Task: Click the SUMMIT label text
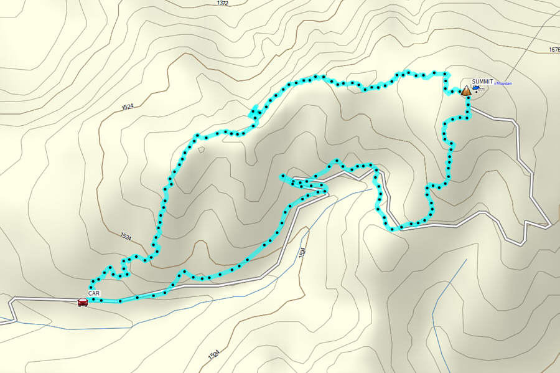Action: pos(482,82)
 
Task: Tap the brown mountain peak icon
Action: pos(466,90)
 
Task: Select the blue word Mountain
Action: pos(503,83)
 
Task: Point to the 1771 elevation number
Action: pos(481,90)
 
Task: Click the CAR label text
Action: pos(94,293)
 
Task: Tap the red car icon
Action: pos(82,302)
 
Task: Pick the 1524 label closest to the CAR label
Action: pos(126,237)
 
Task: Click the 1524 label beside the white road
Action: pos(302,252)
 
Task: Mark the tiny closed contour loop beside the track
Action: pos(201,149)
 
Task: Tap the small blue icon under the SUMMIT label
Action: pos(475,88)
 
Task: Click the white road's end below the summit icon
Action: pos(470,108)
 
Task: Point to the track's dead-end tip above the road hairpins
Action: pos(282,177)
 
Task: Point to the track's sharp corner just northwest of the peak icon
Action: pos(446,93)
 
